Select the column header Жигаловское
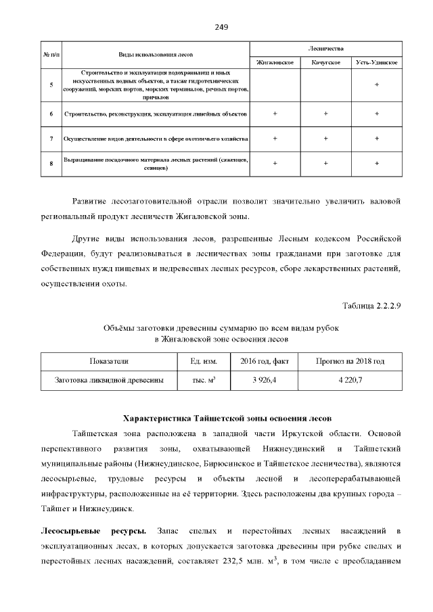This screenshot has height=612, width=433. pos(275,62)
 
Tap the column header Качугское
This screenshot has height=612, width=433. pos(325,62)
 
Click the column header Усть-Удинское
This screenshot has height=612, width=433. pos(376,62)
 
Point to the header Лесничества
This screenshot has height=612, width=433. pos(325,49)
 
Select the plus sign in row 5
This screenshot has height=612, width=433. pos(376,85)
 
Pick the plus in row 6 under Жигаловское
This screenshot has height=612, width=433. pos(275,114)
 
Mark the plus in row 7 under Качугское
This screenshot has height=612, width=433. pos(325,139)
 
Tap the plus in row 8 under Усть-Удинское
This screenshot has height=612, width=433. pos(376,164)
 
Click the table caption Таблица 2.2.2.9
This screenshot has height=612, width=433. pos(372,305)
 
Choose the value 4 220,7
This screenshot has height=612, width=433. pos(350,380)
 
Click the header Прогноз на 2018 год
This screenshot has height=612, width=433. pos(350,361)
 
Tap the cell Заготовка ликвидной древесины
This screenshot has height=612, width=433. pos(109,380)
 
